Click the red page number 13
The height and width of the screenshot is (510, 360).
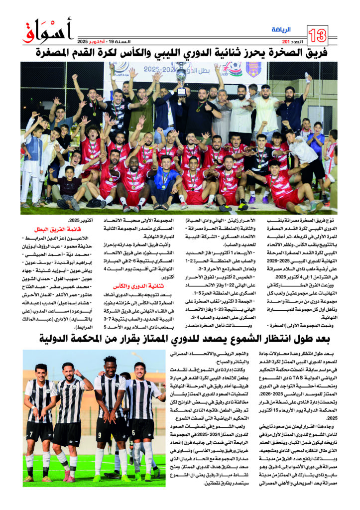[318, 35]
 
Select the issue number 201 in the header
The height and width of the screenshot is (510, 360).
[285, 41]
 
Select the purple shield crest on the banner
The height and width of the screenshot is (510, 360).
[253, 69]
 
